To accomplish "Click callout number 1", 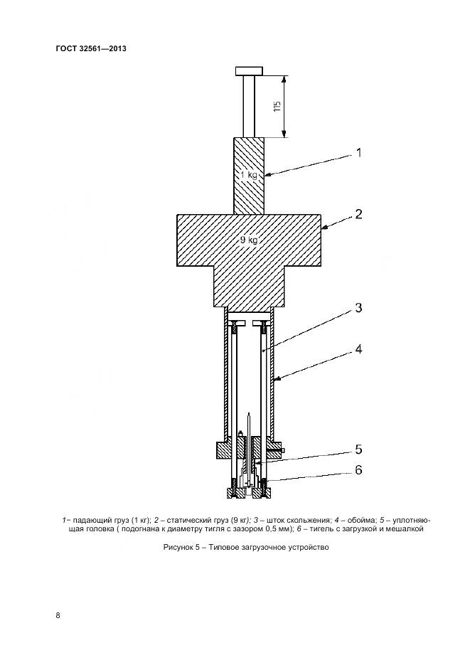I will [358, 152].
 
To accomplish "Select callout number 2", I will [359, 214].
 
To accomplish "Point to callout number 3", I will [359, 308].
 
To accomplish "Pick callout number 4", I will [359, 349].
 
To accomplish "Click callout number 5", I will [359, 449].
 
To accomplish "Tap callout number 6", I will [359, 469].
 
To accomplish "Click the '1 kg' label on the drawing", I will [248, 174].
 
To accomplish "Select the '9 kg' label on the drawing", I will [247, 240].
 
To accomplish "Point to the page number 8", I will [58, 615].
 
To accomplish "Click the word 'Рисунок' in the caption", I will [178, 547].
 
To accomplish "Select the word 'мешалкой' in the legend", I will [405, 529].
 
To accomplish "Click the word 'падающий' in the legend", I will [90, 520].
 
